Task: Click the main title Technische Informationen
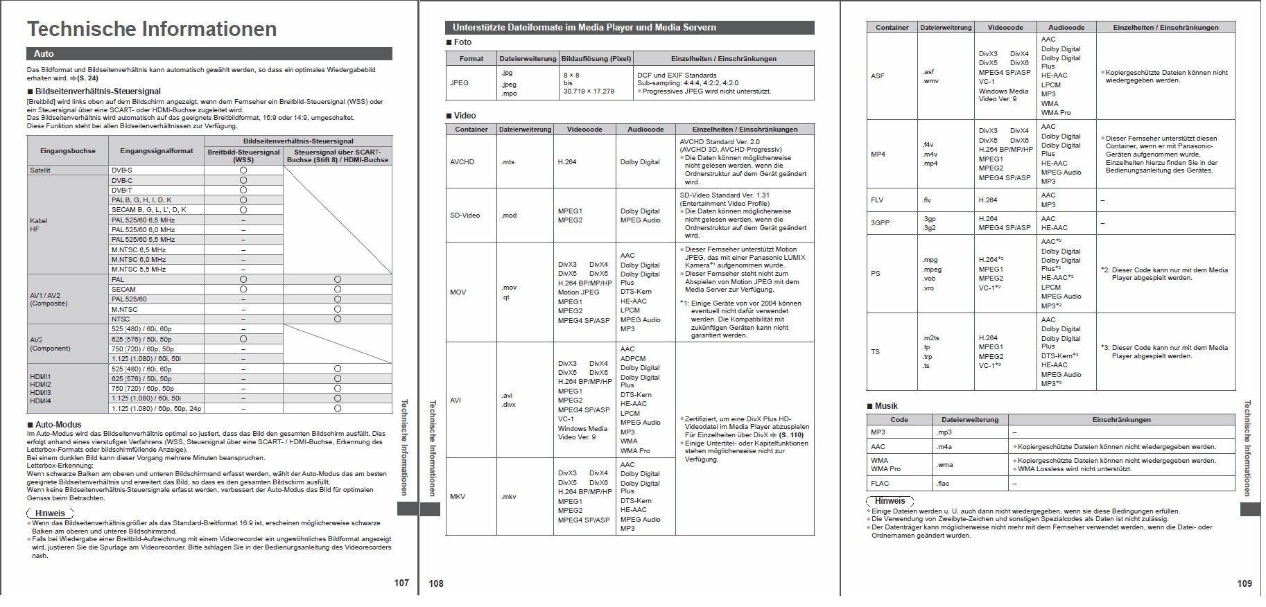[x=151, y=29]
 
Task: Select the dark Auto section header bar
[x=209, y=53]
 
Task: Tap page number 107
[x=401, y=583]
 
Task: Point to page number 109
[x=1245, y=583]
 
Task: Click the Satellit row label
[x=40, y=170]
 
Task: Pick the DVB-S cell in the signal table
[x=122, y=170]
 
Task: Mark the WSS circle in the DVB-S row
[x=243, y=170]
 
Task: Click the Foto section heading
[x=462, y=42]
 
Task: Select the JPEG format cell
[x=459, y=82]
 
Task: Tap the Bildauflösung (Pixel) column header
[x=596, y=58]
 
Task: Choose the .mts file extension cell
[x=508, y=162]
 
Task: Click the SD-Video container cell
[x=465, y=215]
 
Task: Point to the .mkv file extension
[x=509, y=497]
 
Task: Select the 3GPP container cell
[x=880, y=223]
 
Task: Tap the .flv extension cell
[x=927, y=200]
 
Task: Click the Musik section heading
[x=885, y=406]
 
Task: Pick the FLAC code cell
[x=880, y=484]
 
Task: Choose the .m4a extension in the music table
[x=944, y=447]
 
